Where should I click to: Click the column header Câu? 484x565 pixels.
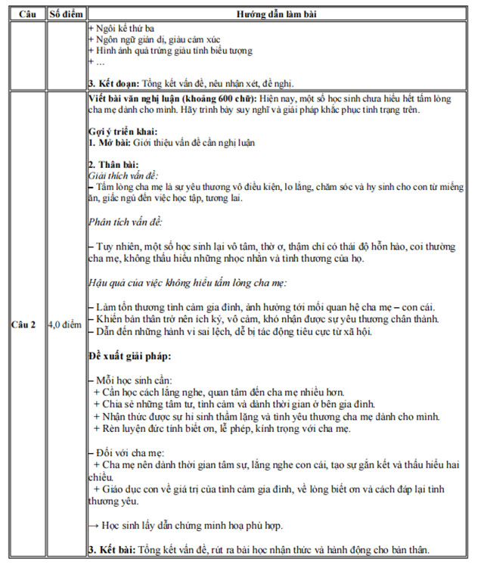click(x=27, y=14)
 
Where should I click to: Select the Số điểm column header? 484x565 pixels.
click(x=66, y=14)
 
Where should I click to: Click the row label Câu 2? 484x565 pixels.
click(x=27, y=324)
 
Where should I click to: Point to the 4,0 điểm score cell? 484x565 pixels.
click(x=66, y=324)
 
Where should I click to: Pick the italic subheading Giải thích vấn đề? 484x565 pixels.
click(x=123, y=175)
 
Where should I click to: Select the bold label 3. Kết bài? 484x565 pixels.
click(x=113, y=550)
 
